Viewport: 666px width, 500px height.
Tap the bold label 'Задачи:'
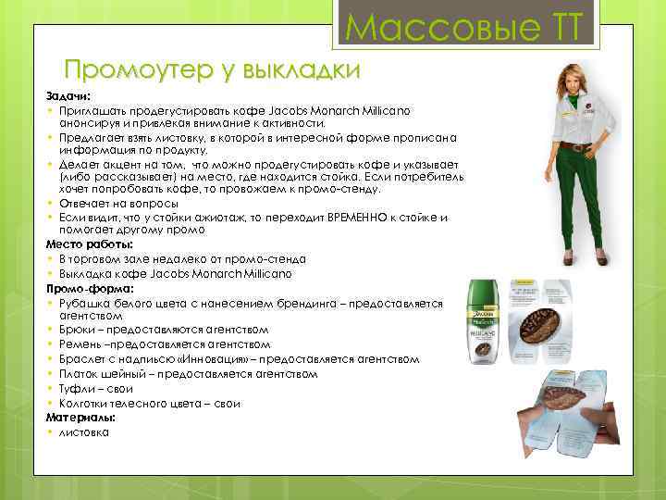click(x=65, y=95)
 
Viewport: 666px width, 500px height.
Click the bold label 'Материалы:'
click(x=79, y=419)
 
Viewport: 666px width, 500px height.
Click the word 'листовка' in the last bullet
click(x=84, y=432)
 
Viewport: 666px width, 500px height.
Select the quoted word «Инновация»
click(x=216, y=359)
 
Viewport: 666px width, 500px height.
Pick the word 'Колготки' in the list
click(x=85, y=404)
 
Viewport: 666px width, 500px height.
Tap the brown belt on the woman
click(x=577, y=146)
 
